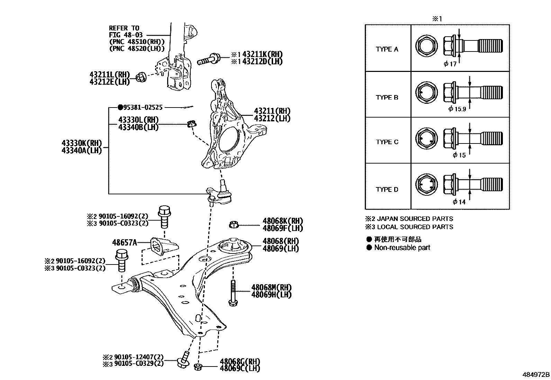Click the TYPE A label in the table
387,49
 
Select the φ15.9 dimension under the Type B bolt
457,109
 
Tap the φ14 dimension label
459,202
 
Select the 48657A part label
124,242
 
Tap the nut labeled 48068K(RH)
234,225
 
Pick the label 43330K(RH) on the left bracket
82,143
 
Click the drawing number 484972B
536,374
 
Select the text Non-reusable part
402,248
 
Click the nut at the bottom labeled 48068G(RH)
198,367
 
